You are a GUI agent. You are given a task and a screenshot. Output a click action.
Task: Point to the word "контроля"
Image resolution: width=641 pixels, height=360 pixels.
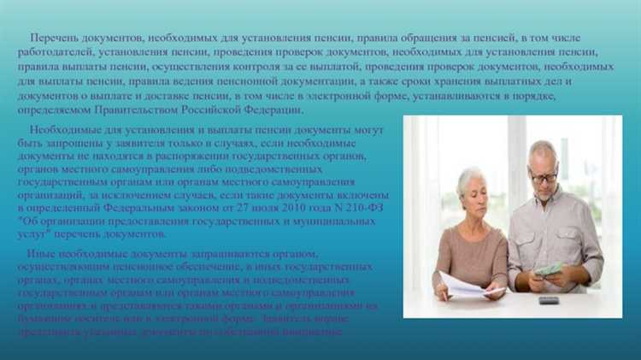pyautogui.click(x=250, y=67)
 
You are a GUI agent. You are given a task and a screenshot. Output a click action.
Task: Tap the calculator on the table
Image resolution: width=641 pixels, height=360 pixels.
pyautogui.click(x=549, y=299)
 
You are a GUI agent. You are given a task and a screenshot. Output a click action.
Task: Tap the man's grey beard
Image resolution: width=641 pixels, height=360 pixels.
pyautogui.click(x=544, y=194)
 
